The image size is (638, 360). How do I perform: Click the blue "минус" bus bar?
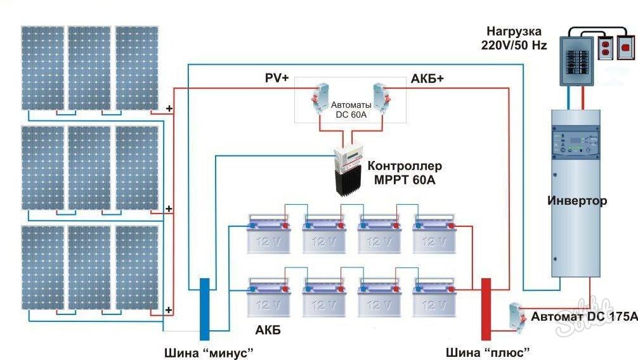point(205,309)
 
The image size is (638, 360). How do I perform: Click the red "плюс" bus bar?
point(486,309)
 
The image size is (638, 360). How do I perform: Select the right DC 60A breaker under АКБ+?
point(381,96)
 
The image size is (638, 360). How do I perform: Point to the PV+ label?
point(277,78)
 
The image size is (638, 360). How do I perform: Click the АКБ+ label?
point(428,78)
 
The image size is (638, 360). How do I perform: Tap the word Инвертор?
point(576,201)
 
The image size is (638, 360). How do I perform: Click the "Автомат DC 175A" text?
point(583,316)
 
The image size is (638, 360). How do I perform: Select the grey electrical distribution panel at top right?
point(576,60)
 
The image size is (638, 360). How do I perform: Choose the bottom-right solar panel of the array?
point(137,267)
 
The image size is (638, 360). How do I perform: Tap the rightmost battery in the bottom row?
point(434,297)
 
